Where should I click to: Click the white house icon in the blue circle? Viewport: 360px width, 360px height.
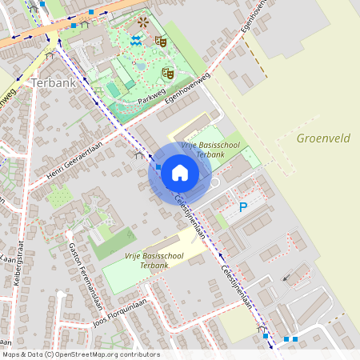click(179, 172)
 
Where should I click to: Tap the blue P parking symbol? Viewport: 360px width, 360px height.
click(244, 208)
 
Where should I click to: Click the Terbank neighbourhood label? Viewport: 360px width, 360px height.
click(53, 82)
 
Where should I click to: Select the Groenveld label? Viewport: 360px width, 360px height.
click(323, 138)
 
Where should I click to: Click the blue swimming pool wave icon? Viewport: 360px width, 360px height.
click(137, 39)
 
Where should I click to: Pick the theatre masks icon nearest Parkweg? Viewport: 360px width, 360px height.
click(168, 73)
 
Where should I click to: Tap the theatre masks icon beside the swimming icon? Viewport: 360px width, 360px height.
click(160, 39)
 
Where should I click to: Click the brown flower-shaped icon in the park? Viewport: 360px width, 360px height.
click(142, 22)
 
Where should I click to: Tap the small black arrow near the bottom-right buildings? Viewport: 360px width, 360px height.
click(286, 278)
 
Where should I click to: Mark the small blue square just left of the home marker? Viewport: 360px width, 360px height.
click(158, 167)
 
